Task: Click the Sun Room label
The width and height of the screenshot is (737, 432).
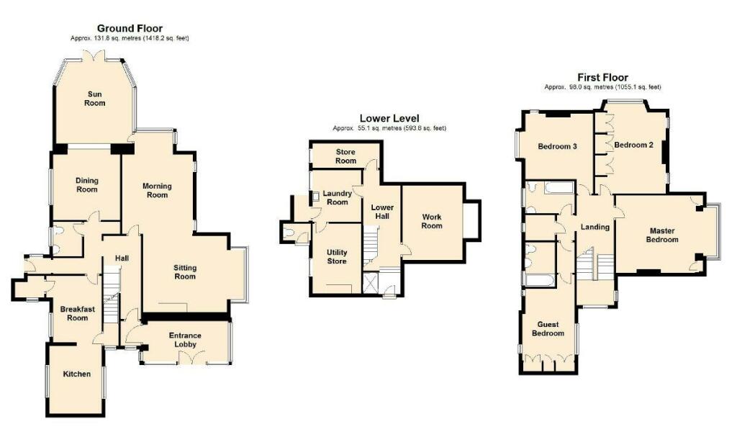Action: point(94,99)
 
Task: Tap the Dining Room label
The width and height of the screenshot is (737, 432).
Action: point(87,185)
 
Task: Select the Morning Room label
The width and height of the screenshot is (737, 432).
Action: point(157,190)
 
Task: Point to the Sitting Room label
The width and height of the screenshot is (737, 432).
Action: point(185,272)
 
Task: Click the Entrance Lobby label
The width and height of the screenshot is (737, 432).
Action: point(185,340)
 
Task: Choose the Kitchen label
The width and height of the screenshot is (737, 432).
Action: point(76,374)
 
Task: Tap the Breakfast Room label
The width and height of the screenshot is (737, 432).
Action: point(78,313)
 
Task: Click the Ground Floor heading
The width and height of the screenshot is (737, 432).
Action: point(130,28)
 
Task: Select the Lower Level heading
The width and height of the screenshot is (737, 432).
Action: point(389,119)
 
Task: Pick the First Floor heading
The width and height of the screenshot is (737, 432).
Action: point(602,77)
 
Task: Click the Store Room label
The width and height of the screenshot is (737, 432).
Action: point(345,156)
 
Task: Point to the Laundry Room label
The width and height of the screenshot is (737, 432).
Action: point(337,197)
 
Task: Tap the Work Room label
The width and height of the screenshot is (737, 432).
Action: point(432,221)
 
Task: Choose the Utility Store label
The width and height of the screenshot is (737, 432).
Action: point(337,256)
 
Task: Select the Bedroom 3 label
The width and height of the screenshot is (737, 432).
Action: point(558,146)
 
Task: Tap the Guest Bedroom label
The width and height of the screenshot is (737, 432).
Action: point(548,328)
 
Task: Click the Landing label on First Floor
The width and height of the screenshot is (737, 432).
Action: point(595,227)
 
